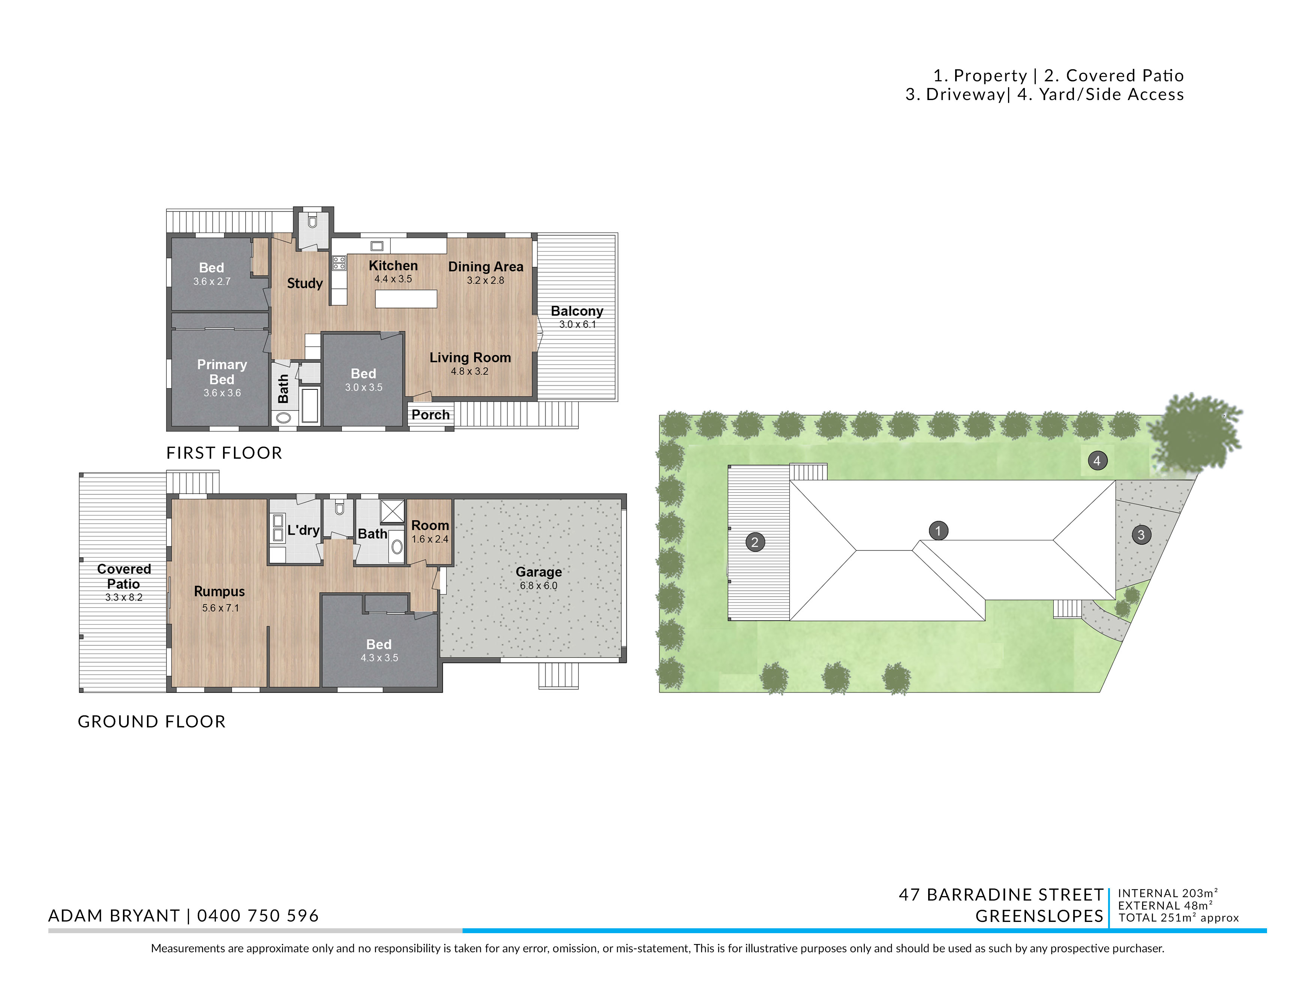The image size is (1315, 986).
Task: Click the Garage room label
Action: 539,572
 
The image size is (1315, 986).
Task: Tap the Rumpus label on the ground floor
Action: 219,591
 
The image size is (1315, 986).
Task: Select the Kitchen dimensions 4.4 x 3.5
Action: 393,279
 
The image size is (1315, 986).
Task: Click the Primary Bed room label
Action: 222,372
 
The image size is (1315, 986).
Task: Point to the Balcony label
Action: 577,311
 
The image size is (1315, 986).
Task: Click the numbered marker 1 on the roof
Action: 938,531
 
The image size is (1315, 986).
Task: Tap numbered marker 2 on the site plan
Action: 755,542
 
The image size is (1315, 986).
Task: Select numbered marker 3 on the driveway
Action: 1141,535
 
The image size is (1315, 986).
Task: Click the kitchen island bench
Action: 406,298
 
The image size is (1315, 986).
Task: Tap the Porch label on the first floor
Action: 430,415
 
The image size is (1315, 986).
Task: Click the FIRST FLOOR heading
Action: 224,453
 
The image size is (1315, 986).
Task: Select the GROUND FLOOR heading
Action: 151,721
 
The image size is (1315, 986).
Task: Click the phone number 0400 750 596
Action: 258,916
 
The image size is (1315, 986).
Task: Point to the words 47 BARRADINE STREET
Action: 1001,895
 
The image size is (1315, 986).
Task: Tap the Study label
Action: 305,283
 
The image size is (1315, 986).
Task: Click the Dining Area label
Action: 486,267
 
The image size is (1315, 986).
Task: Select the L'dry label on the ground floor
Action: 303,530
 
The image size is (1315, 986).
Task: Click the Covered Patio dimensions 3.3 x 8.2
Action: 124,598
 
